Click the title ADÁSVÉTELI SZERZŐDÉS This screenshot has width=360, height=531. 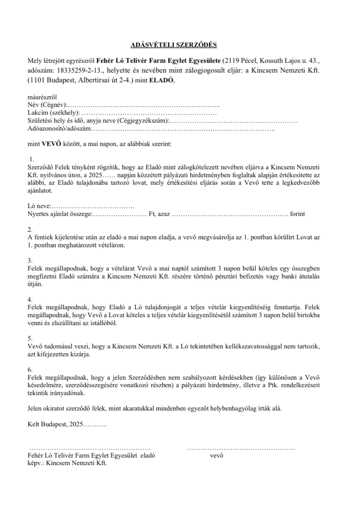point(174,45)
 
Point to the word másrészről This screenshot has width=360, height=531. point(42,97)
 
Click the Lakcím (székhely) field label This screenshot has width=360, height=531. point(54,113)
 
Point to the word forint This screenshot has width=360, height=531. point(297,214)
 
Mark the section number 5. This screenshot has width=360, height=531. point(30,339)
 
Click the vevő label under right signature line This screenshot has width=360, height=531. point(217,455)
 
